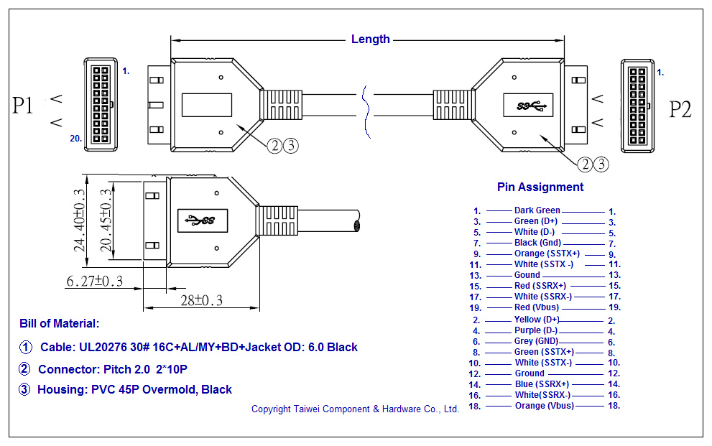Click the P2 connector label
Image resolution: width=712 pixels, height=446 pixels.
(x=680, y=109)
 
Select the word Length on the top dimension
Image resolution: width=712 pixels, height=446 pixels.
(x=371, y=40)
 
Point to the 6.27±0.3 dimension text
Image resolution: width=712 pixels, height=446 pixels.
(x=94, y=282)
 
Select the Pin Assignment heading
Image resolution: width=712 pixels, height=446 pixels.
(x=540, y=187)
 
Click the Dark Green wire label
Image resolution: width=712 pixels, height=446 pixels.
(x=537, y=210)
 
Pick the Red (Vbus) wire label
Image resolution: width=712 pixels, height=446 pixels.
(x=537, y=307)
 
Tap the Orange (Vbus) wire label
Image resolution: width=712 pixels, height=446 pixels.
(x=544, y=406)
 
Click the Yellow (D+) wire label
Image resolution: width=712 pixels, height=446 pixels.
(x=537, y=320)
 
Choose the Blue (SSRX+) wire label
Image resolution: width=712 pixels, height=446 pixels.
(x=542, y=384)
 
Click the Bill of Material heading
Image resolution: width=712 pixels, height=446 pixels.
(x=60, y=324)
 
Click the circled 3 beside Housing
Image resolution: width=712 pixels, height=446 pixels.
(x=25, y=389)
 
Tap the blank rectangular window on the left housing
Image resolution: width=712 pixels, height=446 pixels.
(x=207, y=106)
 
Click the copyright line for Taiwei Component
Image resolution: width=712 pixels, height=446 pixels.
(x=355, y=409)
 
